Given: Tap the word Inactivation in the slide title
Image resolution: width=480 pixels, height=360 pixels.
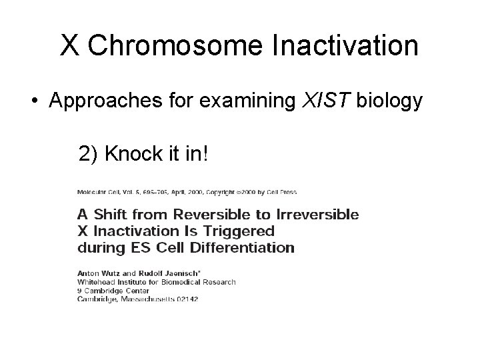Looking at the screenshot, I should [345, 46].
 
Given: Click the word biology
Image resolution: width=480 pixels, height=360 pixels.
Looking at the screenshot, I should [390, 101].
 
